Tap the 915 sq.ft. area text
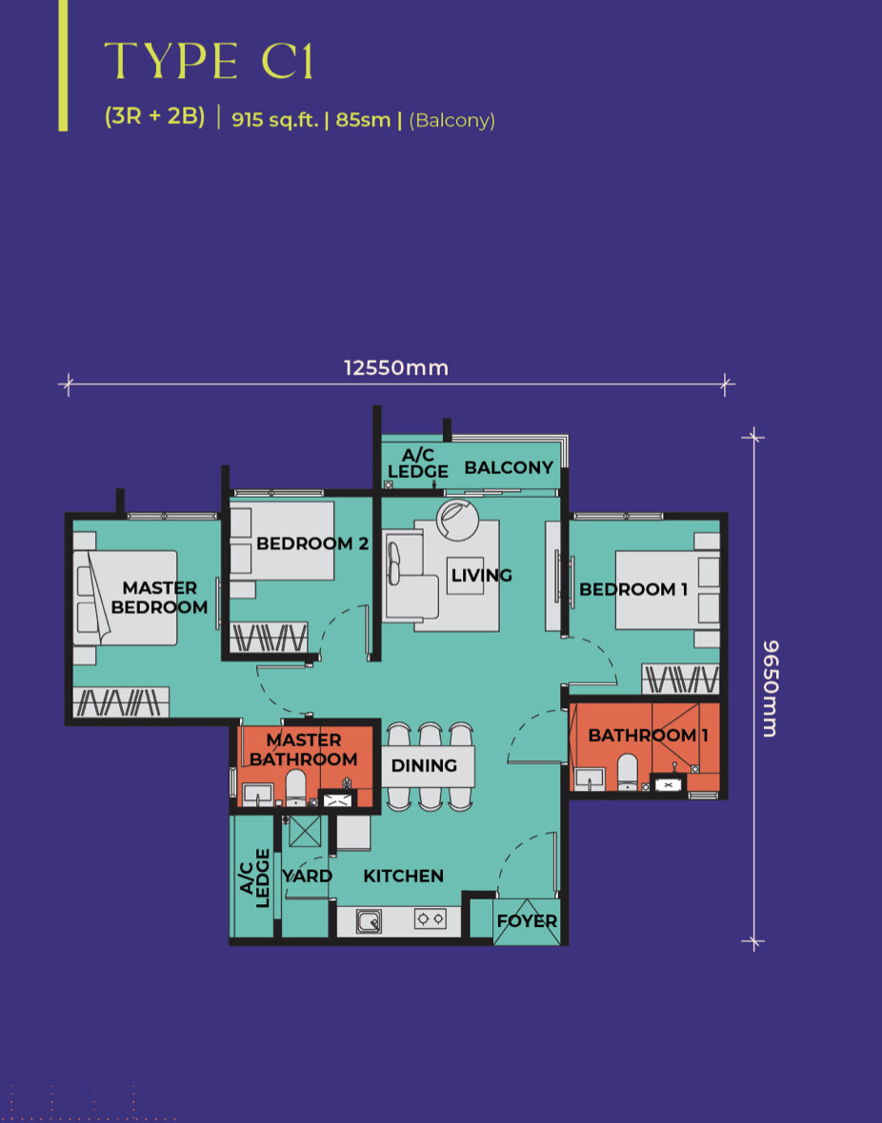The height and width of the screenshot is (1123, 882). [274, 119]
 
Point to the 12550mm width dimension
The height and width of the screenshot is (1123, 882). [396, 368]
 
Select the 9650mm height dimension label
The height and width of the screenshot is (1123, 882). [771, 688]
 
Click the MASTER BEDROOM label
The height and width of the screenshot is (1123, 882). [159, 598]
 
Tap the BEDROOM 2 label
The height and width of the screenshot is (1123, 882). [311, 543]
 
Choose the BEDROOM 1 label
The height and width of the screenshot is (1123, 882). [633, 589]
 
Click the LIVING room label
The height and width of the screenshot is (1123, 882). [481, 575]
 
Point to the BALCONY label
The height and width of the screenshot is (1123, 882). [509, 467]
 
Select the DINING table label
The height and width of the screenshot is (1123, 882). [424, 765]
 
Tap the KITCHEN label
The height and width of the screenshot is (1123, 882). [403, 876]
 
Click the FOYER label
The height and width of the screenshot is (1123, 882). [527, 921]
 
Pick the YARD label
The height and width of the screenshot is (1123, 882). [307, 876]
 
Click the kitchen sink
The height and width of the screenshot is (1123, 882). [369, 921]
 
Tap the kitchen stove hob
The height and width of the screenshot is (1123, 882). [430, 919]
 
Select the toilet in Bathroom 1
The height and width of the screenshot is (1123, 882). [628, 771]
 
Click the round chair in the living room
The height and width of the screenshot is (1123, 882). [457, 520]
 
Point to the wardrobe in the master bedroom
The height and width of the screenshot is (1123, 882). [121, 702]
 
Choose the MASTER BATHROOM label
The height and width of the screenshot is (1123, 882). [303, 750]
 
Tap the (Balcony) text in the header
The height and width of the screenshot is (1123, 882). [451, 120]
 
